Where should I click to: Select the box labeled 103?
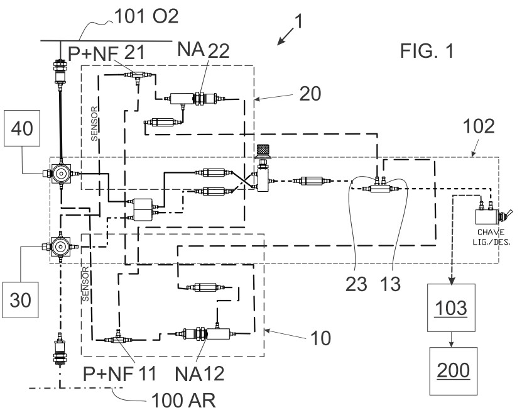[452, 308]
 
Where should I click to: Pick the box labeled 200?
[452, 371]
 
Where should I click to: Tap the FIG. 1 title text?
[427, 50]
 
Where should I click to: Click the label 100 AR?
[182, 399]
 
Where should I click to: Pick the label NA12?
[202, 373]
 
